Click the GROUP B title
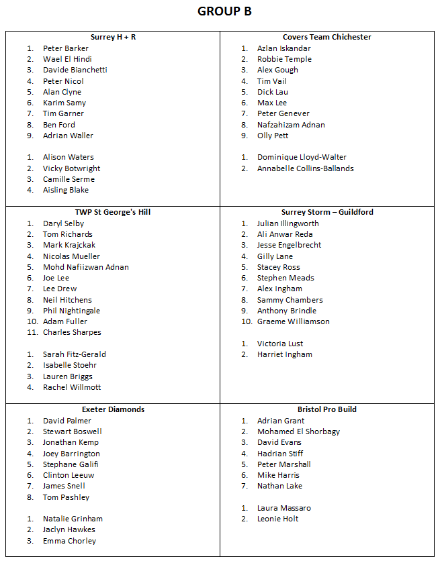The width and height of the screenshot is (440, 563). click(224, 11)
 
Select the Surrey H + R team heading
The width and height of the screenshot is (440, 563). click(113, 37)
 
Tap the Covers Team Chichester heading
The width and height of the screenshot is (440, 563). click(326, 37)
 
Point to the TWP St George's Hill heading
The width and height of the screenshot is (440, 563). click(113, 212)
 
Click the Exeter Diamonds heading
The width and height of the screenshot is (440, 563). click(113, 409)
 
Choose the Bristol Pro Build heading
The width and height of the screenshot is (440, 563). click(327, 409)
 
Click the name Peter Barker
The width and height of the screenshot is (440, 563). click(66, 48)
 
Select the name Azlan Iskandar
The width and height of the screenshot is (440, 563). click(283, 48)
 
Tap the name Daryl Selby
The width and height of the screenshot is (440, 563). click(63, 223)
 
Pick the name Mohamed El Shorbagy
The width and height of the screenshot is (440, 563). click(298, 431)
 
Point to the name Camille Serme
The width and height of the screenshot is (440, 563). click(69, 179)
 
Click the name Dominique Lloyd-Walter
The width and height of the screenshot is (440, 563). click(302, 157)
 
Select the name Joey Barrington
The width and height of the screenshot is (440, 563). click(71, 454)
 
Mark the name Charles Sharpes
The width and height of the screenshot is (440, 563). click(72, 332)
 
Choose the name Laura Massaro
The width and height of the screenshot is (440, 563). click(283, 508)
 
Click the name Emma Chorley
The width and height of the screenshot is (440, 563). click(69, 541)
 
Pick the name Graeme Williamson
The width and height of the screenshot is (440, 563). click(293, 321)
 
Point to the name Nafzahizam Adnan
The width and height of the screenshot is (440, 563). click(291, 125)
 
